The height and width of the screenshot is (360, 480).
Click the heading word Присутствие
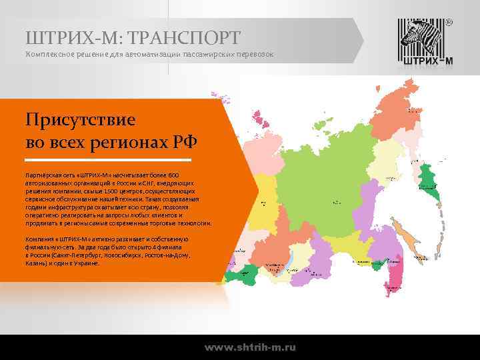(x=80, y=121)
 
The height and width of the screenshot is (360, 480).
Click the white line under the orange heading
(x=108, y=160)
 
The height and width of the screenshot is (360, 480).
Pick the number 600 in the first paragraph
(x=173, y=175)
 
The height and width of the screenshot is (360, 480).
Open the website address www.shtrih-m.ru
(x=250, y=347)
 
